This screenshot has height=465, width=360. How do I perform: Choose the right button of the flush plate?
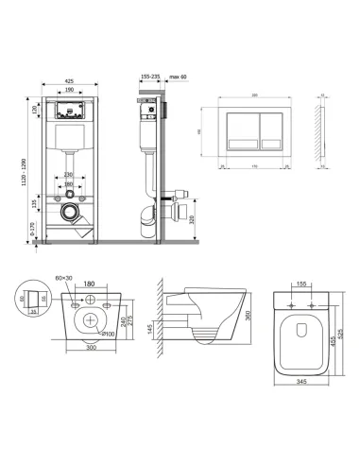[x=267, y=128]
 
